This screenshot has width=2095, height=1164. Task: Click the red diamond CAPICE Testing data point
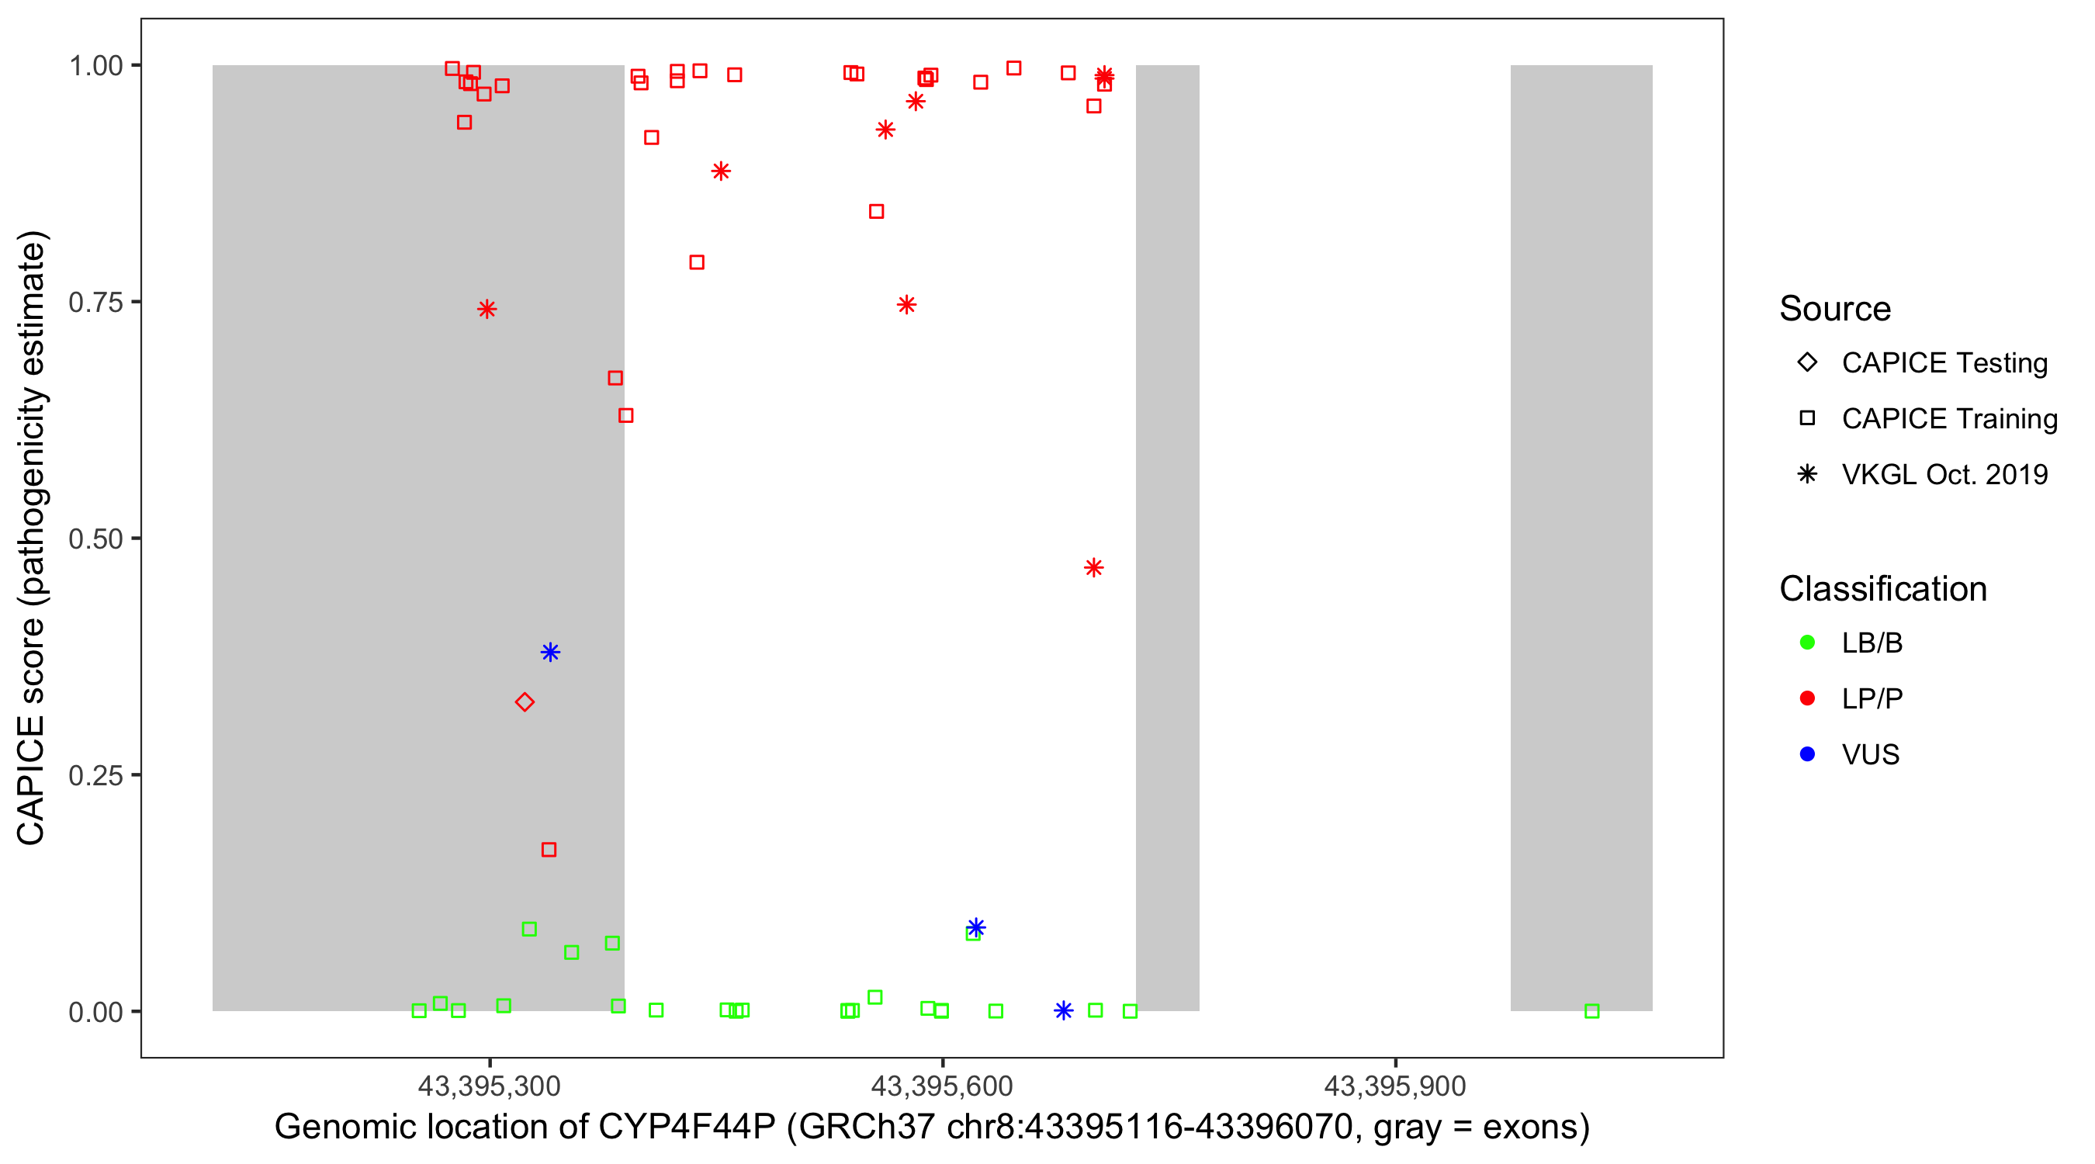(x=525, y=702)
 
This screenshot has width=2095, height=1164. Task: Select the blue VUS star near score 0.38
(x=551, y=653)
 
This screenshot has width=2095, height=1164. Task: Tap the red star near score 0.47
(x=1094, y=568)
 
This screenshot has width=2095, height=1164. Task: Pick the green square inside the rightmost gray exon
(x=1591, y=1011)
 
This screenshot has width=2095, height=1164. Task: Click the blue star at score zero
(x=1064, y=1010)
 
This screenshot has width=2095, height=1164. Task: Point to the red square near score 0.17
(x=549, y=850)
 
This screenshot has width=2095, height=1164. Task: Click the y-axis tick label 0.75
(x=95, y=303)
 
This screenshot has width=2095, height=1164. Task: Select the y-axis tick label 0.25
(x=95, y=775)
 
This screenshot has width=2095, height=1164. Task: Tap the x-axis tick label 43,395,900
(x=1395, y=1086)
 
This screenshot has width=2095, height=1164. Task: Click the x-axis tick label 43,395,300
(x=489, y=1086)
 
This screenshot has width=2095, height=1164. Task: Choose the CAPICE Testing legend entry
(x=1944, y=363)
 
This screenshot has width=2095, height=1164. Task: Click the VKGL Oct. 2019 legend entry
(x=1944, y=474)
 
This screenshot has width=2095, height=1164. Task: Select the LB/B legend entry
(x=1872, y=643)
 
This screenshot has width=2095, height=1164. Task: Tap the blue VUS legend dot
(x=1807, y=754)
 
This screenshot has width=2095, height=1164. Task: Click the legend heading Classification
(x=1882, y=589)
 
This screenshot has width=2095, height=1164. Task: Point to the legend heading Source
(x=1835, y=309)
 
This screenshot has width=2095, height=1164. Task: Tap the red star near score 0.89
(x=721, y=171)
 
